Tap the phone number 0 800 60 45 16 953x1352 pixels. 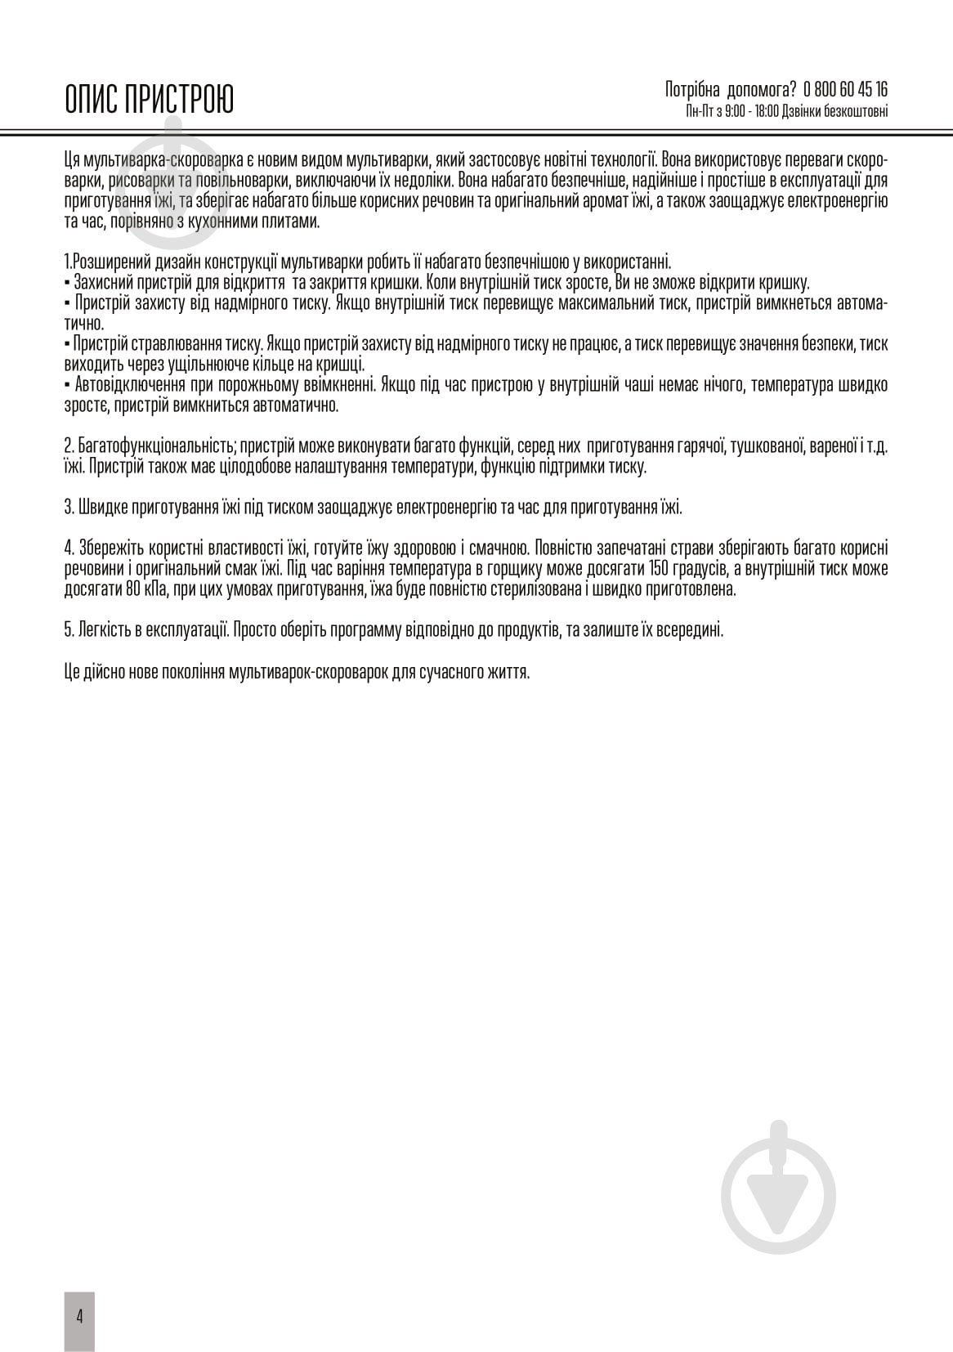point(846,90)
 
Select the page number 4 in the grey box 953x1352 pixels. point(79,1317)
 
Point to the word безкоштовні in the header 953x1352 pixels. point(857,111)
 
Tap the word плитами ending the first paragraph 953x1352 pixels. point(291,222)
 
